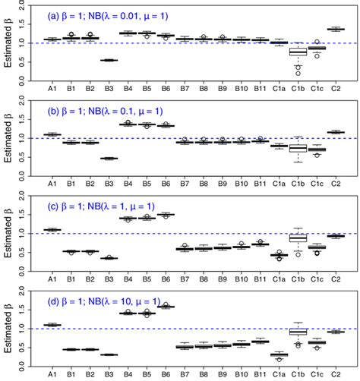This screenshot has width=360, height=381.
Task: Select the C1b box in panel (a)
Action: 298,51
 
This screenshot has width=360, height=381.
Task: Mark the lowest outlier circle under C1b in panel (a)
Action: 298,73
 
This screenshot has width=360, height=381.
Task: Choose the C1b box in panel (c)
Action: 298,238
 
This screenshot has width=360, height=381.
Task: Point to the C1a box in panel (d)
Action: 279,354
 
